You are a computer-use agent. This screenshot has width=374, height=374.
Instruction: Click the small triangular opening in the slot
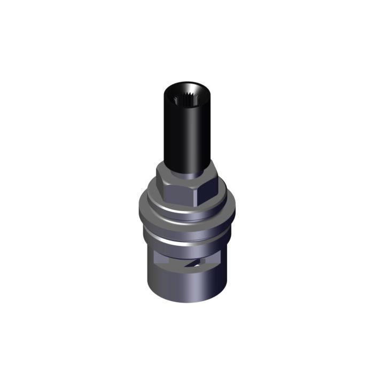pos(198,262)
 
